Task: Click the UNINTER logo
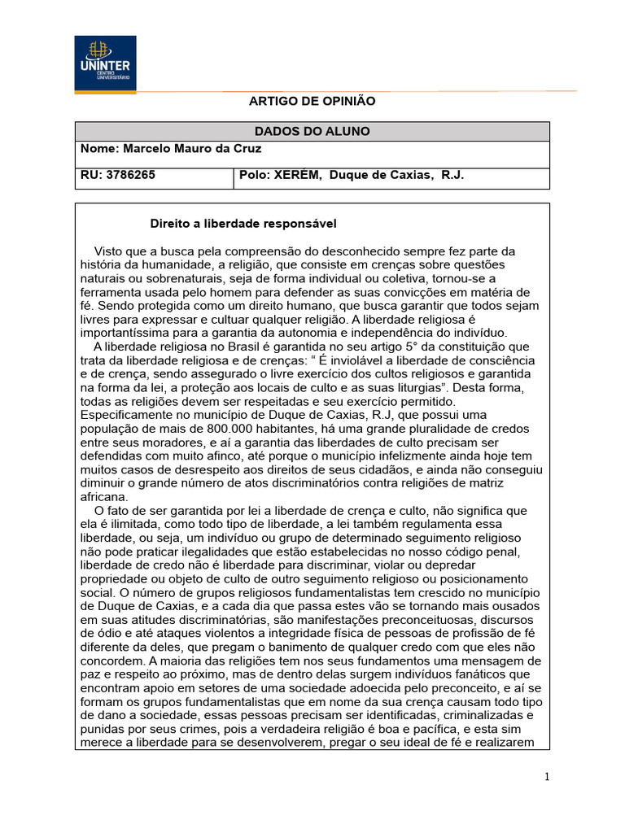tap(106, 63)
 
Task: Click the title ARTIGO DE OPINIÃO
tap(312, 101)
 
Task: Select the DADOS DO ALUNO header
tap(312, 131)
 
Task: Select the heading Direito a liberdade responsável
tap(244, 223)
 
